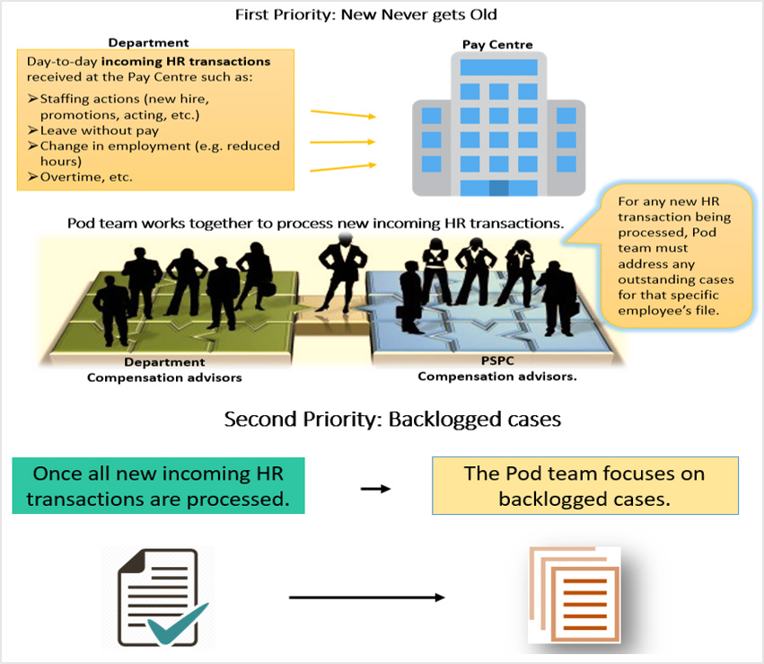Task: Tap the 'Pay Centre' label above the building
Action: point(496,44)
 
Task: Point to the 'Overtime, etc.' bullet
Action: point(85,177)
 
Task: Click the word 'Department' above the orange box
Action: point(148,42)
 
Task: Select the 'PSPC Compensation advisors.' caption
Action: point(496,370)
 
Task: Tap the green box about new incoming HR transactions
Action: point(159,485)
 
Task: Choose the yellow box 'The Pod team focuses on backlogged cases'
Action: point(584,485)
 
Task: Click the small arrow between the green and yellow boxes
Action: point(375,489)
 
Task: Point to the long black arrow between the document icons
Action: point(367,598)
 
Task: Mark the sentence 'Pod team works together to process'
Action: point(314,223)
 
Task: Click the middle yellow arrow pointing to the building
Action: point(342,140)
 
